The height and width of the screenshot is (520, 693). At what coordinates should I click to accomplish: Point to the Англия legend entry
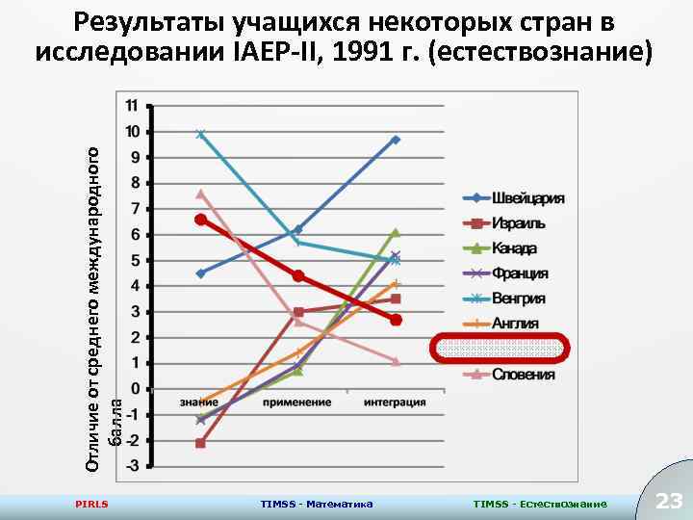tap(516, 324)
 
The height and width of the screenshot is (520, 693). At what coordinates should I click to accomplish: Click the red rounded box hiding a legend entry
tap(500, 348)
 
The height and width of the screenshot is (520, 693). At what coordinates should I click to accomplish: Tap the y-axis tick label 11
tap(131, 105)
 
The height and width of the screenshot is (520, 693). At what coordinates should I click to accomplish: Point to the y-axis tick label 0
tap(135, 389)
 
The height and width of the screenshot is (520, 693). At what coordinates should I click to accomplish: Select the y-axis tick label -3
tap(131, 466)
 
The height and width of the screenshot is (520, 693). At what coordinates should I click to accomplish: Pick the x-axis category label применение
tap(298, 402)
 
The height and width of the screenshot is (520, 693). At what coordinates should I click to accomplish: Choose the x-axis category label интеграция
tap(396, 402)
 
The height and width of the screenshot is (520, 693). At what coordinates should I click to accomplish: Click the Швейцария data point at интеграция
tap(396, 140)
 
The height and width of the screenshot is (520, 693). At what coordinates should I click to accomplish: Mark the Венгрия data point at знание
tap(200, 134)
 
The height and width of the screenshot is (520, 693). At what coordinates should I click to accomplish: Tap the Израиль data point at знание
tap(200, 443)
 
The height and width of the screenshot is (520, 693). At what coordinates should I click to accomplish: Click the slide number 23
tap(668, 501)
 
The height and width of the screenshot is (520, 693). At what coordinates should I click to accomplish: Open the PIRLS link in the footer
tap(91, 504)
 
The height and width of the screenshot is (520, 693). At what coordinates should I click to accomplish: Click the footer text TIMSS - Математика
tap(317, 504)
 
